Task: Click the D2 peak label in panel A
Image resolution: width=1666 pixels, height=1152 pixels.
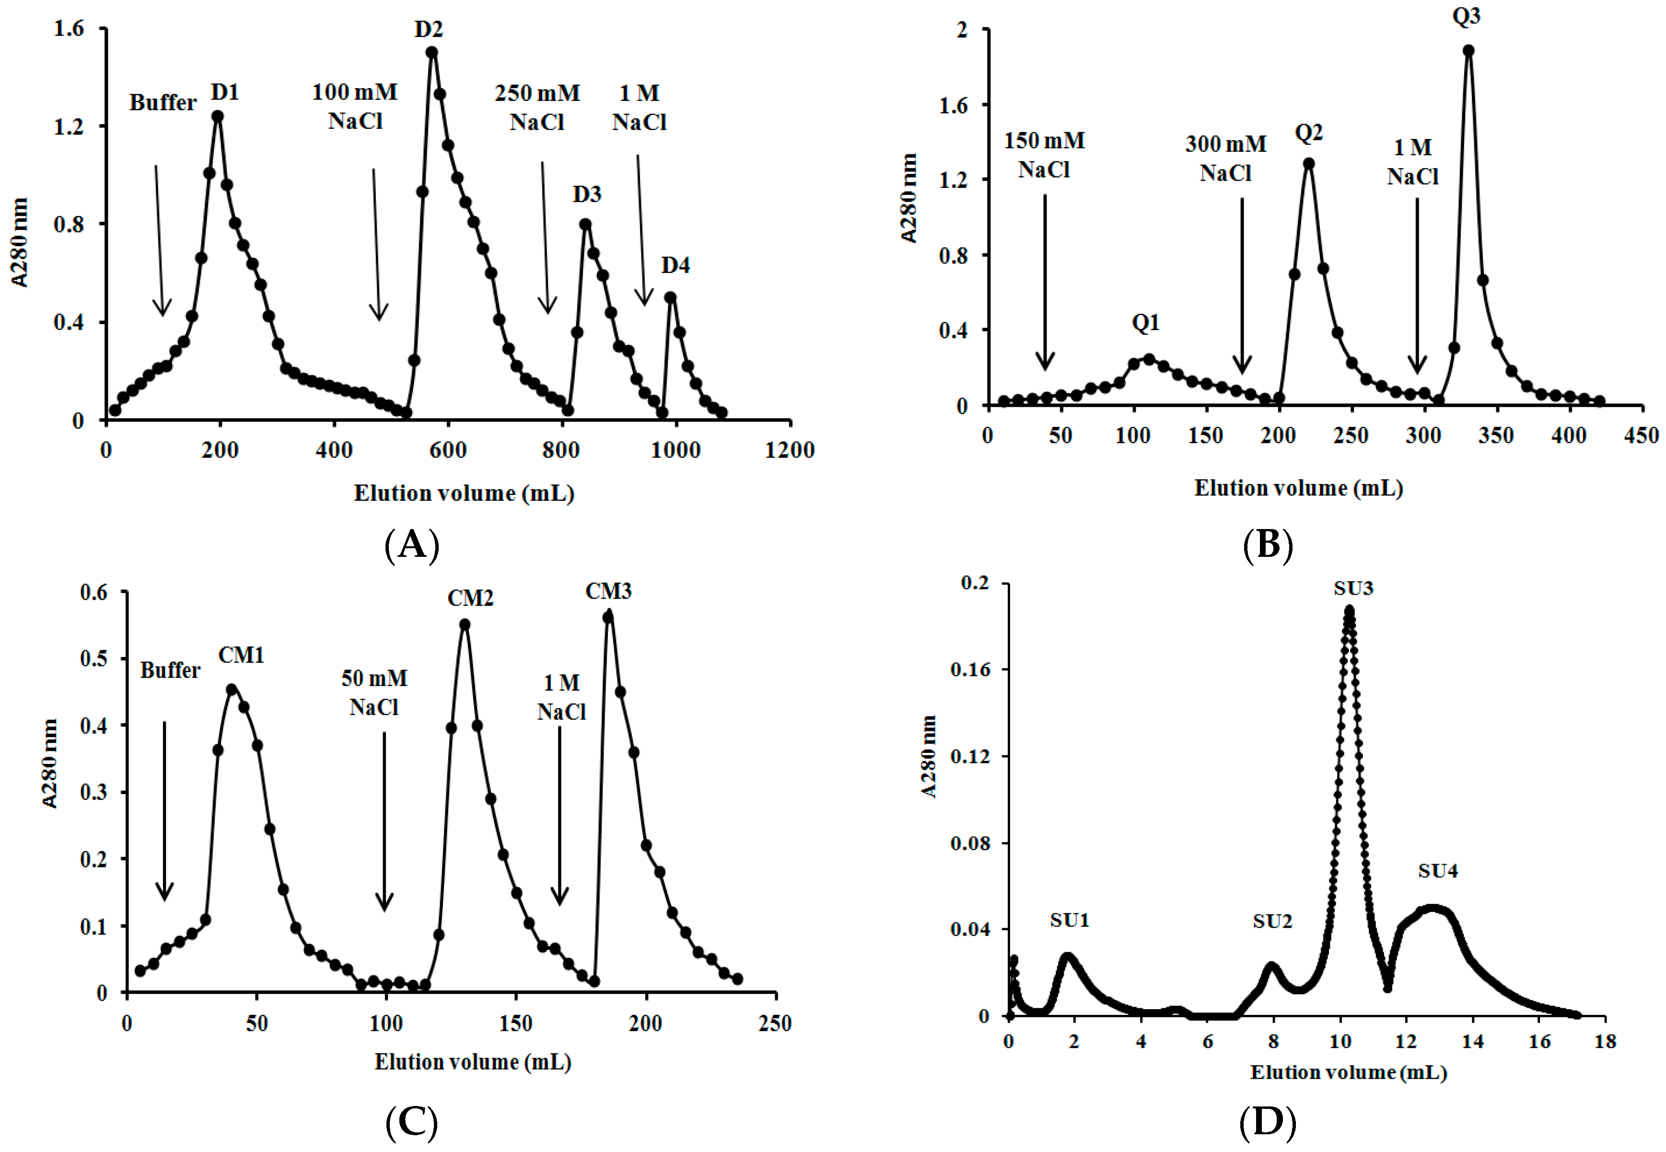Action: [428, 30]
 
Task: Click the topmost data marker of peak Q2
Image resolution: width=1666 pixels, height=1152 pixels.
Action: [1308, 164]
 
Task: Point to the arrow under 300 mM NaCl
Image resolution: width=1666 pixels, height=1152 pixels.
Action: [1242, 285]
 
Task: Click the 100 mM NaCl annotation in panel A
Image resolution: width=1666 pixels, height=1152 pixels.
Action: [355, 107]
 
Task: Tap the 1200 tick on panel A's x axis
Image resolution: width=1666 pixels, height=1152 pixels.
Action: [789, 450]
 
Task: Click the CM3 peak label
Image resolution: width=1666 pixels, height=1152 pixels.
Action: [608, 592]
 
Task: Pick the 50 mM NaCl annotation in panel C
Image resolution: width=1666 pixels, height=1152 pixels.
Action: [374, 693]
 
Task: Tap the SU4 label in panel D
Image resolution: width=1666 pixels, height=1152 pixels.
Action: [1437, 871]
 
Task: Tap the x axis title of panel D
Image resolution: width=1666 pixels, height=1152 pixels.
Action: [1348, 1072]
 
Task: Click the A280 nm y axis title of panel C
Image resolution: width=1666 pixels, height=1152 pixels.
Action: [49, 764]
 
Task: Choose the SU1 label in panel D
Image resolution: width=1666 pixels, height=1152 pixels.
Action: [1070, 920]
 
